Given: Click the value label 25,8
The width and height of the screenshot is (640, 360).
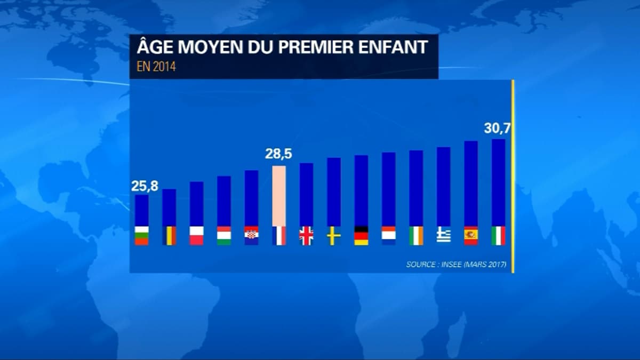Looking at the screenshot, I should click(141, 187).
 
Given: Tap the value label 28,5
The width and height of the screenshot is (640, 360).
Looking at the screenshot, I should click(278, 155).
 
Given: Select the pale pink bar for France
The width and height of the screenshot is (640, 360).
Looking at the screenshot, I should click(279, 196).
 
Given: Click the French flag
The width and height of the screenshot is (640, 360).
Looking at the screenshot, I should click(279, 236).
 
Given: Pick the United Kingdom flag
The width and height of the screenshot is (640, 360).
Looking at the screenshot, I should click(306, 236).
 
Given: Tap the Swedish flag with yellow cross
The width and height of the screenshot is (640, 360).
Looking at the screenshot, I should click(334, 236).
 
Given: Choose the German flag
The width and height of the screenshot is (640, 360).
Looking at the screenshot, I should click(361, 236).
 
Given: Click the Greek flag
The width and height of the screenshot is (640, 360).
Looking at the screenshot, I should click(444, 236).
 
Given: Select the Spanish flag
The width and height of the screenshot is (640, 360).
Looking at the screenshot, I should click(471, 236).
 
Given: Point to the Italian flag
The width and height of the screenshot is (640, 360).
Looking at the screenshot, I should click(499, 236).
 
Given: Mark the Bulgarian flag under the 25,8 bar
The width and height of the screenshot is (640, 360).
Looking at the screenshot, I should click(141, 236).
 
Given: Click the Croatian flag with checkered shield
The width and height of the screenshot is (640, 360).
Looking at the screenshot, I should click(251, 236).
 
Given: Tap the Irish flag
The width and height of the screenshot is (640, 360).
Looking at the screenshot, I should click(416, 236).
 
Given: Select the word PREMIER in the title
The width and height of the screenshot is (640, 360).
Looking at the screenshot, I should click(315, 47).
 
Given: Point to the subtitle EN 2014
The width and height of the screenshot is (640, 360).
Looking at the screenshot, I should click(156, 68).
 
